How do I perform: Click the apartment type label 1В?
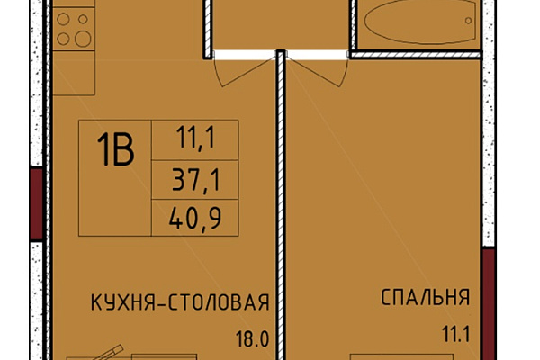point(115,150)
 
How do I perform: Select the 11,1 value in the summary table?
point(195,138)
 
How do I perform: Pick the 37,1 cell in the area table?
point(195,180)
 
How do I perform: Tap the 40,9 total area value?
point(195,218)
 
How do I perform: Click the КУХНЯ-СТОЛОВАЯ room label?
point(180,302)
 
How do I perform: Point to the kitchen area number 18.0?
point(252,339)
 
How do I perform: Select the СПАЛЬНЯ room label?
point(426,297)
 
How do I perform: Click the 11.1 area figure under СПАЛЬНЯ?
point(456,335)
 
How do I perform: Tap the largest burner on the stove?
point(83,38)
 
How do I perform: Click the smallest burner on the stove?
point(83,19)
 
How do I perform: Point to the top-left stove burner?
point(63,19)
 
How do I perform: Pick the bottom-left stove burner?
point(63,39)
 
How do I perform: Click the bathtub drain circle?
point(468,21)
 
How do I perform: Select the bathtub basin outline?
point(421,42)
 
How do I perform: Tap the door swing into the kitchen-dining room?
point(241,70)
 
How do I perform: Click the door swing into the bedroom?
point(319,70)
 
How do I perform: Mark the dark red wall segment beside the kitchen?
point(36,203)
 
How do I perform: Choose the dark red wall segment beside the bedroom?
point(488,304)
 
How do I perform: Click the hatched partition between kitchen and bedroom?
point(282,205)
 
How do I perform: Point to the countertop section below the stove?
point(74,73)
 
